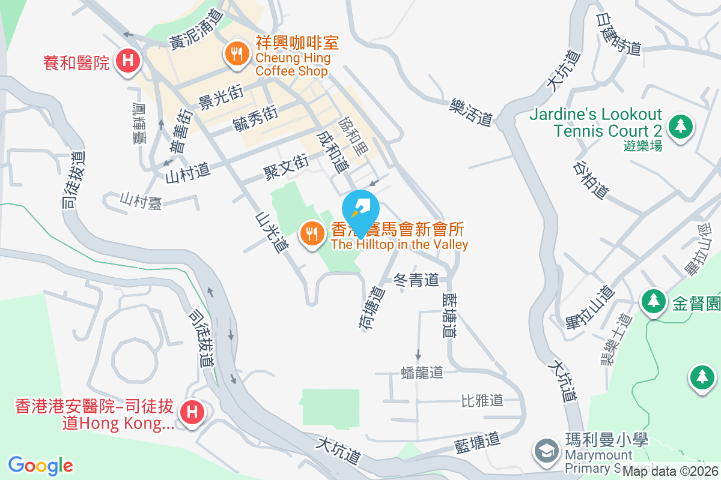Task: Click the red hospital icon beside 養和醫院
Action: (127, 61)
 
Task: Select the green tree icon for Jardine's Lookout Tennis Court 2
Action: (680, 127)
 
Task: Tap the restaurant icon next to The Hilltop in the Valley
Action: (311, 232)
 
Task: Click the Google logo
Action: (41, 465)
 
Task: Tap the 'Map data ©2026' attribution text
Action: (670, 472)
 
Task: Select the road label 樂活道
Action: (471, 113)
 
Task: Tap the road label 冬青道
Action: (416, 280)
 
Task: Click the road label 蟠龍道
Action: (422, 373)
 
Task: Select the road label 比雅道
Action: (482, 400)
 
